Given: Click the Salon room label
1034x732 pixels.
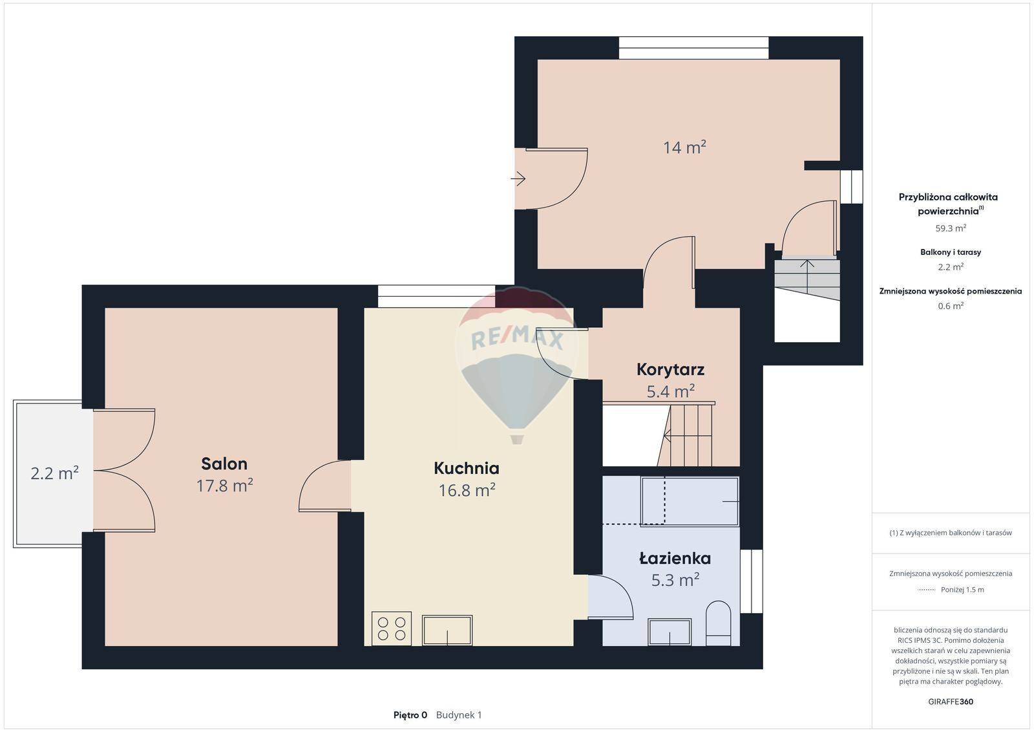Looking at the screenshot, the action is (x=224, y=464).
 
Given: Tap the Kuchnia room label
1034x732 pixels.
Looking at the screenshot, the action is (x=467, y=468).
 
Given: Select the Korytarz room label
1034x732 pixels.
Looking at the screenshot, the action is (x=670, y=369).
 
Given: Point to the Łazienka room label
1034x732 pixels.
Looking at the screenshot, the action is (x=675, y=558).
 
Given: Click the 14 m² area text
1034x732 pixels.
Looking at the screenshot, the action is (x=684, y=147).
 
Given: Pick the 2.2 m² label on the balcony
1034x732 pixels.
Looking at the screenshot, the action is (x=54, y=473).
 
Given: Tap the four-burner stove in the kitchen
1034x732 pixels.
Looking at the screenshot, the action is (x=392, y=629).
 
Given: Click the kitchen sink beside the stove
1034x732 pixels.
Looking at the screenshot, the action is (x=447, y=630).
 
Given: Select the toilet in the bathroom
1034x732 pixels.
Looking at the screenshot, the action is (x=719, y=623).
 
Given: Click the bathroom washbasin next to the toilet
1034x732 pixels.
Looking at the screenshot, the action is (x=670, y=632).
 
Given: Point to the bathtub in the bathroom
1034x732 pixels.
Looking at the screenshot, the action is (x=690, y=501).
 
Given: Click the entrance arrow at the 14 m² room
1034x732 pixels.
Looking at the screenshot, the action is (x=518, y=178).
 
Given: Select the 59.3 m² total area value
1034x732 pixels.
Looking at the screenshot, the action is (x=951, y=228).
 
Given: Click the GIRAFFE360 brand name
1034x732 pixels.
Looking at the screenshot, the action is (x=951, y=702).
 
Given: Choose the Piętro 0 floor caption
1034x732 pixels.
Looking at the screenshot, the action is (x=410, y=715).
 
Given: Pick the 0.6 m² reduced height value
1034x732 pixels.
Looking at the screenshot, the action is (x=951, y=306).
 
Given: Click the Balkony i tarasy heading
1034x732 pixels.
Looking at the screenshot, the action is (x=951, y=252).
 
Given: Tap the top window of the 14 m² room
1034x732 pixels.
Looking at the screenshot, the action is (x=694, y=48).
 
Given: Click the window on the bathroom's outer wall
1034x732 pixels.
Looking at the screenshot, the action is (x=752, y=581).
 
